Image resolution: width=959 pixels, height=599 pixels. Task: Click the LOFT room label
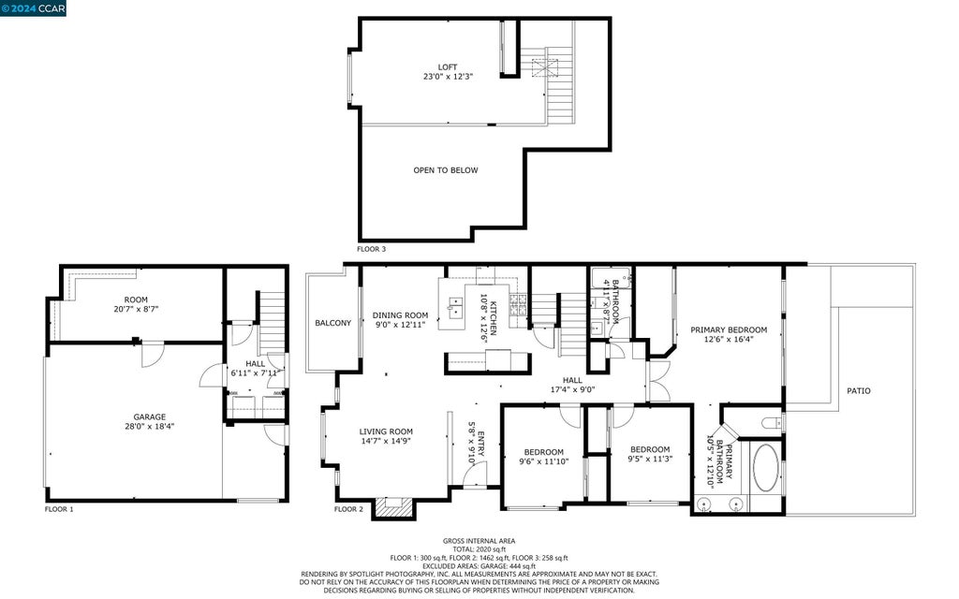(447, 67)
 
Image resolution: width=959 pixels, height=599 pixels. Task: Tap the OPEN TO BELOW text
(445, 170)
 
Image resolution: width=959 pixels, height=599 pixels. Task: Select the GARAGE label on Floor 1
(149, 416)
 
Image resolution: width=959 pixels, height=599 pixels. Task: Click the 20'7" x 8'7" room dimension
(136, 309)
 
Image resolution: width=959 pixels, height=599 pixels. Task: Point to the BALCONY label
(332, 323)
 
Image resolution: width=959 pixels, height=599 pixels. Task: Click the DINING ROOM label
(400, 315)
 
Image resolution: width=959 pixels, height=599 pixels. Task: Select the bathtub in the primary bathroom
(765, 468)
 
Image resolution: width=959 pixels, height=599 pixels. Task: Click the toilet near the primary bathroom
(773, 422)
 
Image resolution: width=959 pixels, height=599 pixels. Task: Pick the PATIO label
(858, 390)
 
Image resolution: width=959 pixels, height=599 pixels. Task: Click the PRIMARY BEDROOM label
(729, 330)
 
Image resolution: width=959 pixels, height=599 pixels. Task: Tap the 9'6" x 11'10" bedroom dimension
(544, 461)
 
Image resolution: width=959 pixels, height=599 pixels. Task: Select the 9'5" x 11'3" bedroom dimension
(650, 459)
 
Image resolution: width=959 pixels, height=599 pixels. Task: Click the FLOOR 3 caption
(371, 249)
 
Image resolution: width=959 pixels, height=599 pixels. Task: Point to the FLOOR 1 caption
(59, 508)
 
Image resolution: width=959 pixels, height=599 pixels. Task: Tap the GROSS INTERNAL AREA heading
(479, 541)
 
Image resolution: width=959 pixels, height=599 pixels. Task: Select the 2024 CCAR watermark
(33, 7)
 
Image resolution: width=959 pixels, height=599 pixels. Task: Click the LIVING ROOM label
(385, 431)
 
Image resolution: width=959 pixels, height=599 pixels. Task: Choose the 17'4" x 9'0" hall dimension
(572, 389)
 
